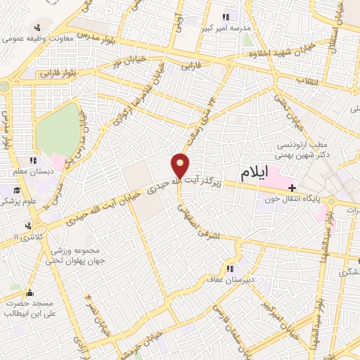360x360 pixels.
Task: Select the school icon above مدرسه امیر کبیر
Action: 225,16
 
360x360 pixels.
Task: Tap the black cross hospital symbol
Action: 292,186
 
